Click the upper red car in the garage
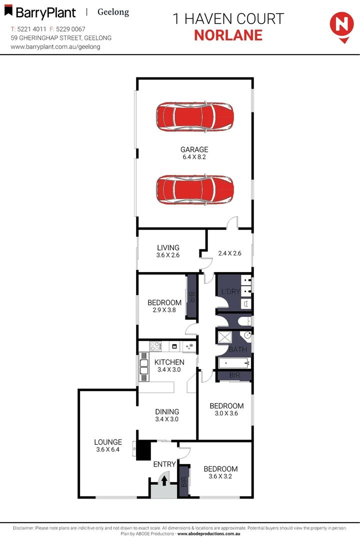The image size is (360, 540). (194, 117)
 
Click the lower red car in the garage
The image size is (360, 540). (194, 189)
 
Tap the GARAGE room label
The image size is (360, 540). (194, 149)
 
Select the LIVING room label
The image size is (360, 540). (168, 247)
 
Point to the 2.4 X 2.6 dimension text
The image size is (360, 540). (230, 253)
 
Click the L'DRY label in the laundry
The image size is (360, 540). (231, 291)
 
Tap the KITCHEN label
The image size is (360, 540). (169, 362)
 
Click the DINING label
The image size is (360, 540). (167, 412)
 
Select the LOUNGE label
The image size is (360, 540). (108, 442)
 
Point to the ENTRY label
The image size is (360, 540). (164, 464)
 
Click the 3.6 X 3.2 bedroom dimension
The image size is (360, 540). (220, 476)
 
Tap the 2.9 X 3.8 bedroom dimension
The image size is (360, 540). (164, 310)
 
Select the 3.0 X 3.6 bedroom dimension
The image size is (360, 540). (226, 413)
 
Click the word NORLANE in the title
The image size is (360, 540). (228, 35)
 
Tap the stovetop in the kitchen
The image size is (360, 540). (155, 345)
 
